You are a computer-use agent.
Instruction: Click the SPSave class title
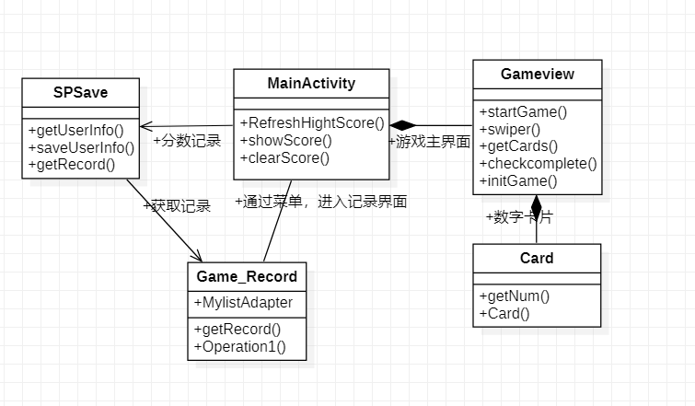[x=80, y=92]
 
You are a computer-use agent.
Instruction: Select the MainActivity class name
[x=311, y=84]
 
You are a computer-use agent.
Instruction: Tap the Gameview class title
[x=538, y=74]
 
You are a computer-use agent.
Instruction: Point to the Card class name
[x=537, y=258]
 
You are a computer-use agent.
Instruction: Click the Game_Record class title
[x=247, y=276]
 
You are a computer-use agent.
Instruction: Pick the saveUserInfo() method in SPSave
[x=81, y=147]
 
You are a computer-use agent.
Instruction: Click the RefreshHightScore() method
[x=311, y=122]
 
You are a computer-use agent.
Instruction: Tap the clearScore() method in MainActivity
[x=285, y=157]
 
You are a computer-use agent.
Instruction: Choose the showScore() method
[x=286, y=140]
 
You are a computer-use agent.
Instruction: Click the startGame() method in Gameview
[x=524, y=112]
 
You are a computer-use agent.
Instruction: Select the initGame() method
[x=518, y=181]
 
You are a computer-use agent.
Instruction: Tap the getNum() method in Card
[x=515, y=296]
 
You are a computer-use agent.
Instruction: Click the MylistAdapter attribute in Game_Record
[x=243, y=303]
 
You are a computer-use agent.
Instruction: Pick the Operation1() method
[x=239, y=347]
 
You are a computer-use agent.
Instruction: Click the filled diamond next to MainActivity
[x=402, y=125]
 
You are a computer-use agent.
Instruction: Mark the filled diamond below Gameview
[x=537, y=205]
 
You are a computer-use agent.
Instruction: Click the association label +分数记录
[x=187, y=142]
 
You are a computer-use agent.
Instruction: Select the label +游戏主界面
[x=430, y=143]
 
